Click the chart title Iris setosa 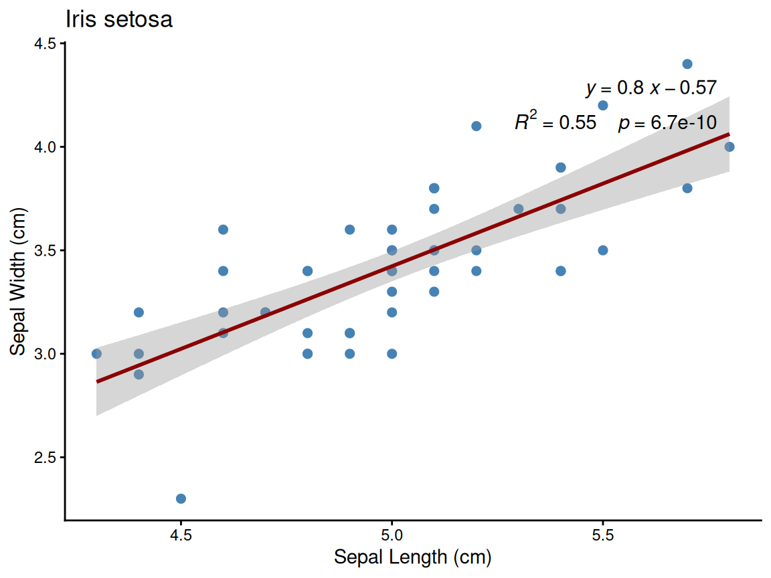tap(119, 19)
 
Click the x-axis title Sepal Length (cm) tap(413, 557)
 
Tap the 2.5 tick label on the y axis tap(47, 458)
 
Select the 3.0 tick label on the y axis tap(47, 354)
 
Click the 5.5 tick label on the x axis tap(603, 535)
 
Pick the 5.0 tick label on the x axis tap(392, 535)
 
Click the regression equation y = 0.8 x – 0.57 tap(651, 88)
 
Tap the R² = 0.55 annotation tap(555, 122)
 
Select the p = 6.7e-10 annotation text tap(667, 123)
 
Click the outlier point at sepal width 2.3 tap(181, 498)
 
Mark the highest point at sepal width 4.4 tap(687, 64)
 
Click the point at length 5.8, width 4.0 tap(730, 147)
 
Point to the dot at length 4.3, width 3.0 tap(96, 354)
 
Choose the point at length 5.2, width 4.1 tap(477, 126)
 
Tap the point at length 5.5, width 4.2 tap(603, 105)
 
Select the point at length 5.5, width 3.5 tap(603, 250)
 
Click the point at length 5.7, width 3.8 tap(687, 188)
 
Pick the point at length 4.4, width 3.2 tap(139, 312)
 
